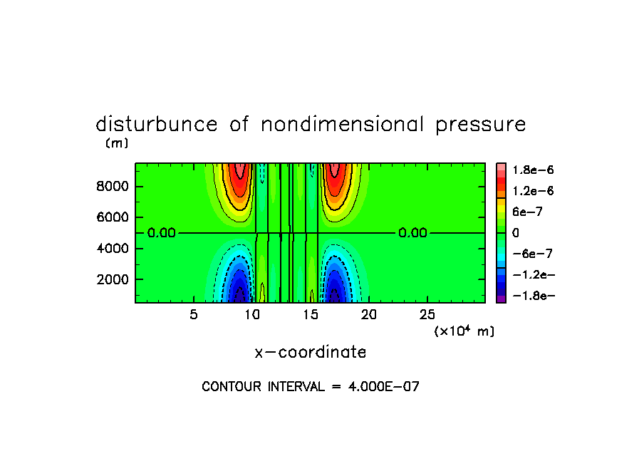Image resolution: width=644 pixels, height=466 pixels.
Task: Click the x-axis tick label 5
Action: [x=194, y=315]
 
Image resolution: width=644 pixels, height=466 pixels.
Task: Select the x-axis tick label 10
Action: [x=251, y=315]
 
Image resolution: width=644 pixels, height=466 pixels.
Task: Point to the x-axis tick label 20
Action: [x=368, y=315]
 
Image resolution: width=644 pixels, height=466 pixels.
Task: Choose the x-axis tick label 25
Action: [x=427, y=315]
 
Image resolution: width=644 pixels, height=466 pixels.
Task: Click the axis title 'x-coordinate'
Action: [x=311, y=352]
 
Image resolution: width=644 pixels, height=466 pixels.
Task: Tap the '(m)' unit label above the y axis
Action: [x=116, y=143]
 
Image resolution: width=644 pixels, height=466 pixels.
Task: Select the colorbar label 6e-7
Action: [x=526, y=212]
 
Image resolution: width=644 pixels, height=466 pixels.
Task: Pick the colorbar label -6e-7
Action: [x=529, y=254]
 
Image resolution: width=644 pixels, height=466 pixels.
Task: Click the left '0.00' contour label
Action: [x=162, y=233]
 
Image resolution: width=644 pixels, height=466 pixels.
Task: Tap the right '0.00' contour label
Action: [x=412, y=233]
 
